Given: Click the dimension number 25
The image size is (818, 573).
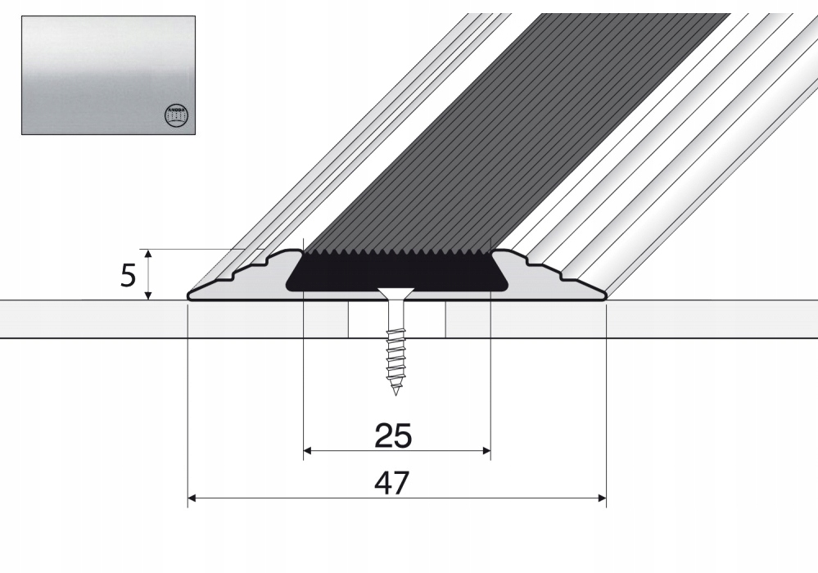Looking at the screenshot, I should click(x=393, y=436).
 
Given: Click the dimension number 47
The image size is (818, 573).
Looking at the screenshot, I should click(x=391, y=484).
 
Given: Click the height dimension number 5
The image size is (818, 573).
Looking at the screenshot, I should click(x=128, y=276).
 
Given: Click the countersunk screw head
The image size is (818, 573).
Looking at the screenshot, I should click(x=396, y=292).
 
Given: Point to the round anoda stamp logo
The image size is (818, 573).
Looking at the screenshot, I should click(x=177, y=115).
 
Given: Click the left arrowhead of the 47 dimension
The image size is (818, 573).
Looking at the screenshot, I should click(x=192, y=498).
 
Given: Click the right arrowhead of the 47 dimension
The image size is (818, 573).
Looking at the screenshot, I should click(x=602, y=498).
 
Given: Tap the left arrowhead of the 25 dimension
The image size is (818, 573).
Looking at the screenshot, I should click(x=307, y=450).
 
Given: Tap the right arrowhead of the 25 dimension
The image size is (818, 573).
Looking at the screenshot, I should click(x=486, y=450).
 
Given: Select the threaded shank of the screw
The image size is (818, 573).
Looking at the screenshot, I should click(x=396, y=352).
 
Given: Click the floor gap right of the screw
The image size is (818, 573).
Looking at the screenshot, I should click(x=432, y=319).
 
